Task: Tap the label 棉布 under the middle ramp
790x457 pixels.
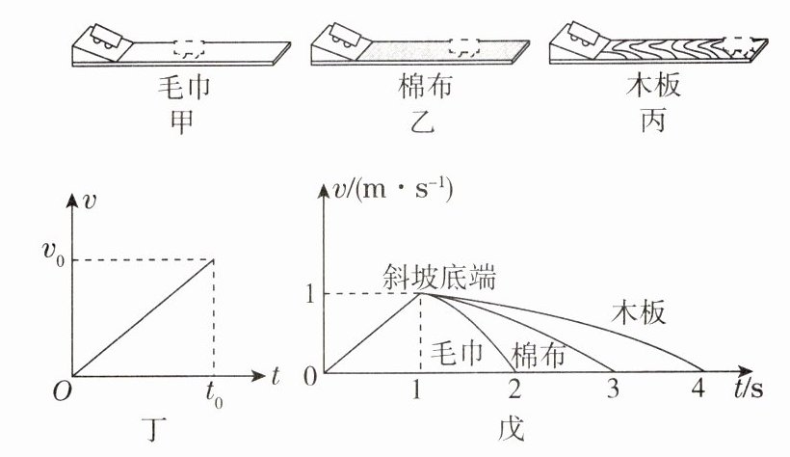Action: click(x=421, y=89)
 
